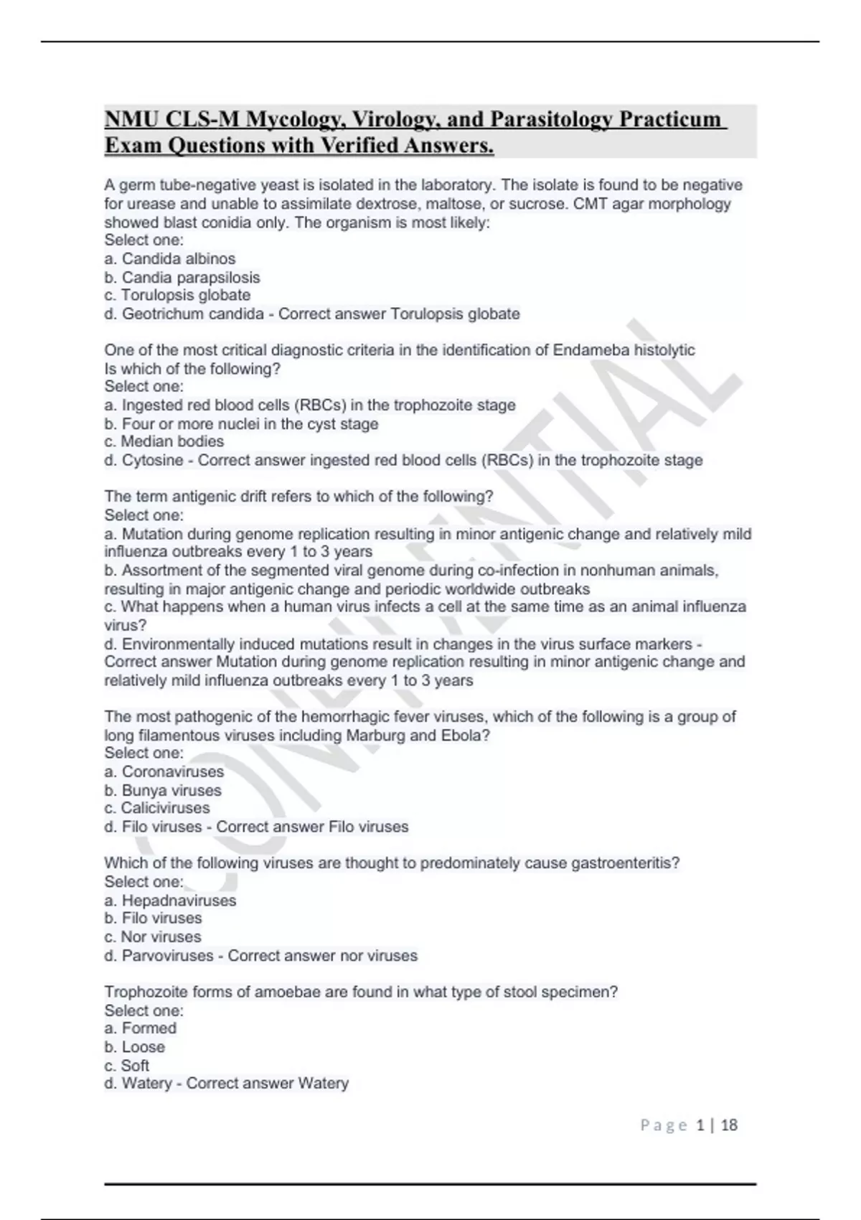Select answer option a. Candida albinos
click(170, 258)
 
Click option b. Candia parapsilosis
click(182, 277)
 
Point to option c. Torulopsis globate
click(177, 295)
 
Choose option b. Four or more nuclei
click(241, 423)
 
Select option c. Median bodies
click(164, 441)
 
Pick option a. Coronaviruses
click(164, 771)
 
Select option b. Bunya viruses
click(163, 790)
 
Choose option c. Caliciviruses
click(157, 808)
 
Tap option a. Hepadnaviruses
click(170, 900)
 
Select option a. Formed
click(141, 1028)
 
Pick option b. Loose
click(135, 1047)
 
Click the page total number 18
click(729, 1125)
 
